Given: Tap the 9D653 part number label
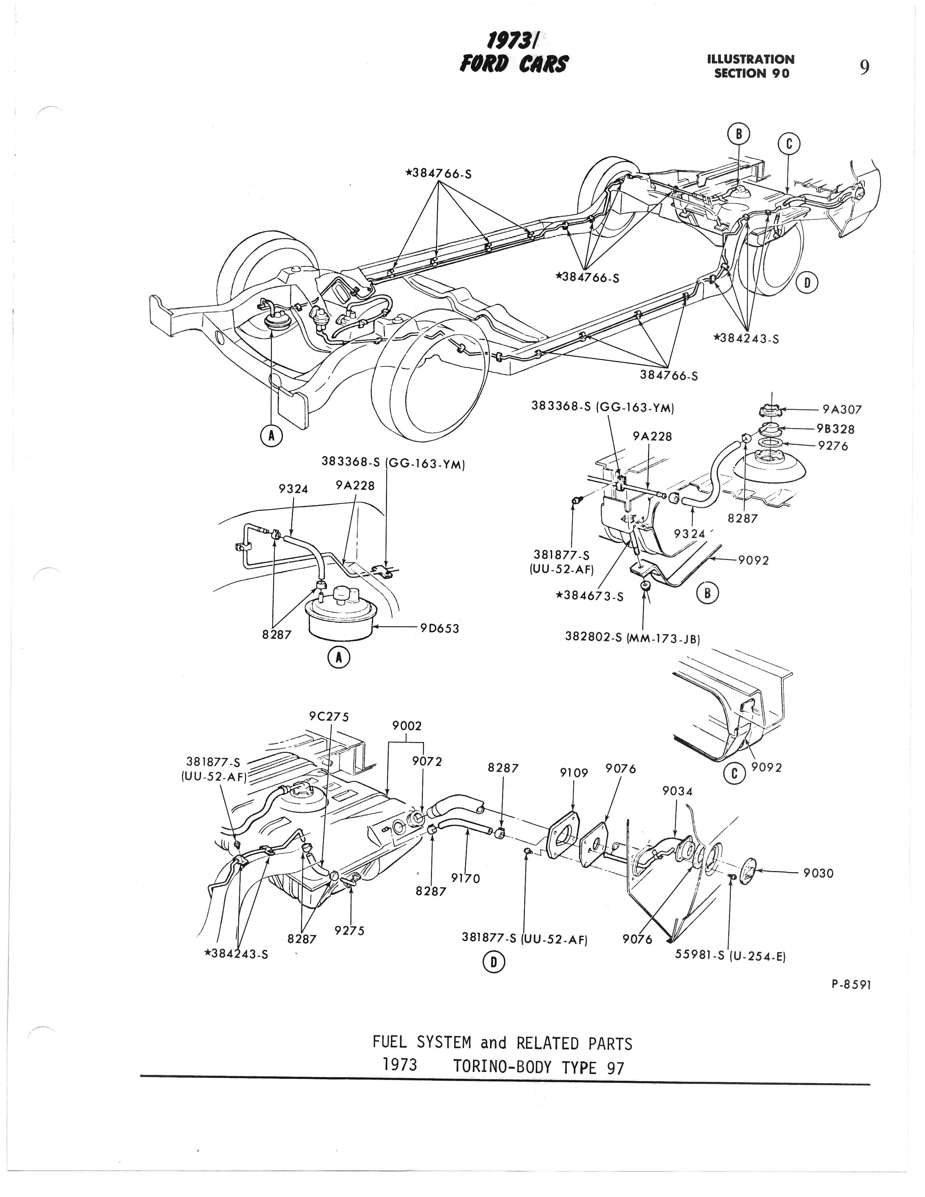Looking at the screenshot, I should click(x=439, y=629).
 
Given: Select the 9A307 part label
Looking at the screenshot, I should click(x=842, y=410).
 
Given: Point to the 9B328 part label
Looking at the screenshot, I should click(x=835, y=429).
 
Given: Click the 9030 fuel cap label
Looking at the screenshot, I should click(x=818, y=873).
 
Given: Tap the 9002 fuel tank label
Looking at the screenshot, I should click(x=407, y=726).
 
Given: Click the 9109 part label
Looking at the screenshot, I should click(x=573, y=773).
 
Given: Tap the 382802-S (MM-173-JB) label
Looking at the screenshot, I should click(x=632, y=638).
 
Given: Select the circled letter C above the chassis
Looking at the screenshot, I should click(x=789, y=144).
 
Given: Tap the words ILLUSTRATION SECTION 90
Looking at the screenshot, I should click(x=751, y=66).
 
